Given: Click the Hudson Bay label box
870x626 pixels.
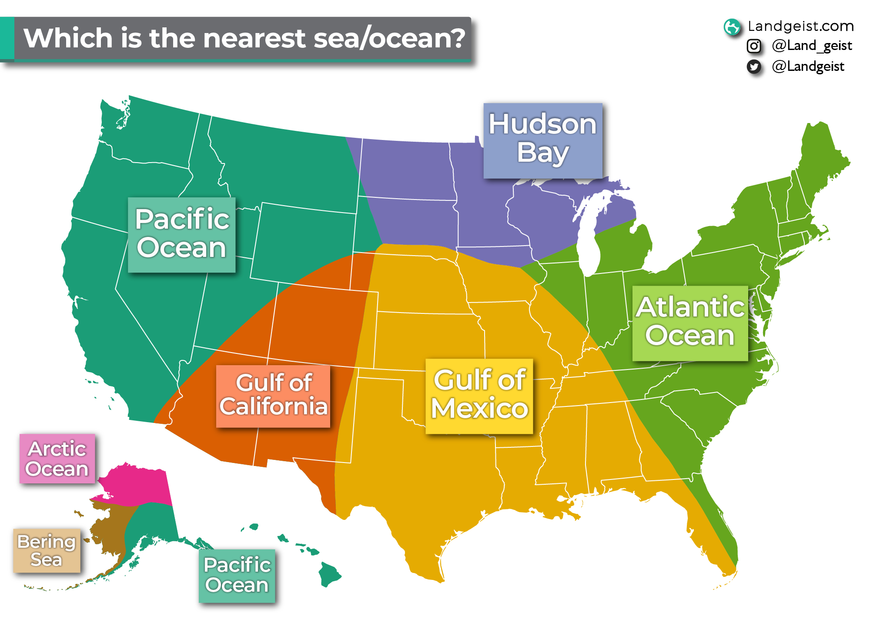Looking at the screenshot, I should (543, 140).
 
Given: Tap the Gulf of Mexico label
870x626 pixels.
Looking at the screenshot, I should (479, 396).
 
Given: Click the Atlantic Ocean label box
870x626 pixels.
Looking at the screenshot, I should (690, 323).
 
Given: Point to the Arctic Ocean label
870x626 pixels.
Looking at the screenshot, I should (57, 458).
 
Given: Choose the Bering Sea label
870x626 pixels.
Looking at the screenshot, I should (47, 550).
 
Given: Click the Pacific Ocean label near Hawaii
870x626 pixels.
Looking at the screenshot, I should (237, 576).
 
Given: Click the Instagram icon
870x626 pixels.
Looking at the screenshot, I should (753, 46).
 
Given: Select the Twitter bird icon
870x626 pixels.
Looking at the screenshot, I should (753, 67).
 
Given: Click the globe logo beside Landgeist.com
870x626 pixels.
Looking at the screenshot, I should (732, 27).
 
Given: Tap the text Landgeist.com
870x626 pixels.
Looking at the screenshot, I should (800, 26).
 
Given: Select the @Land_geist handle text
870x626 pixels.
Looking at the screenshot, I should (811, 46).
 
